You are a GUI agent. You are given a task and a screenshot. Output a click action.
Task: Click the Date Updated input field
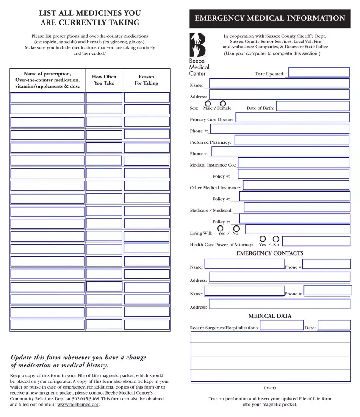[319, 72]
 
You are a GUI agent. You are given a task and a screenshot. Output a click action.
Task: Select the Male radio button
[208, 104]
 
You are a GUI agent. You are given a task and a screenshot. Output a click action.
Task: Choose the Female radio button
[223, 104]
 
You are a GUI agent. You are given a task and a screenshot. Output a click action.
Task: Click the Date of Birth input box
[313, 106]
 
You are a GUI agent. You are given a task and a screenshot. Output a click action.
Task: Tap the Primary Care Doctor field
[292, 118]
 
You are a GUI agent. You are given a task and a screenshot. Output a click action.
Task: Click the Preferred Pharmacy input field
[292, 140]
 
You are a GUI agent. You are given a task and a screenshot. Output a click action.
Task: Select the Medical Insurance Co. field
[294, 163]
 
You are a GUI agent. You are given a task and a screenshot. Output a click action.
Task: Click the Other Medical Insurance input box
[296, 185]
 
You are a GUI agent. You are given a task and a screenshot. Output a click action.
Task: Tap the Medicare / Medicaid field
[297, 208]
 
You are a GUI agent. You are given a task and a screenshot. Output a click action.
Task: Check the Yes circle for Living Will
[220, 229]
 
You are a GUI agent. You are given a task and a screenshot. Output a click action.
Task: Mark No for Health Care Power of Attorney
[276, 239]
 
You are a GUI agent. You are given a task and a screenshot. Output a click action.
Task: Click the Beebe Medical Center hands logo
[197, 45]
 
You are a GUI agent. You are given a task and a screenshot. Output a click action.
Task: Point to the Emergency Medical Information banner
[270, 19]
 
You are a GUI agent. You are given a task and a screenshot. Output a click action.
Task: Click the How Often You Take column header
[104, 80]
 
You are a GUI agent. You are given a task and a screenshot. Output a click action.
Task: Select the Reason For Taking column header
[147, 80]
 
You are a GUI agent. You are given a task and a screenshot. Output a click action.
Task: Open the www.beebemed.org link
[78, 405]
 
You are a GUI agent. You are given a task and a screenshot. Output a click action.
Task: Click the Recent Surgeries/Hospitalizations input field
[282, 326]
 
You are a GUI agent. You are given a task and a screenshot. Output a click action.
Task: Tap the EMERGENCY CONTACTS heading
[270, 253]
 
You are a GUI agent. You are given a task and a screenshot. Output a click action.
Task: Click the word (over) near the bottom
[270, 388]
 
